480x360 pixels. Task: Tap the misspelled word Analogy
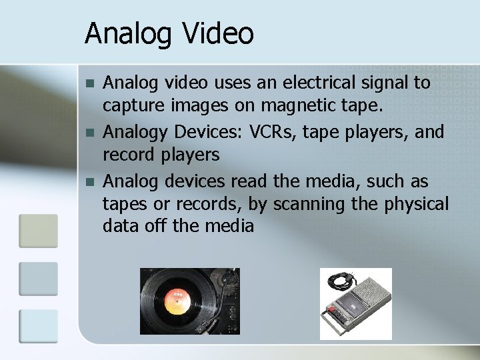pos(132,132)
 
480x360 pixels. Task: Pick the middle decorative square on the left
pos(39,278)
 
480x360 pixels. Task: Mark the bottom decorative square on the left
pos(39,326)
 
